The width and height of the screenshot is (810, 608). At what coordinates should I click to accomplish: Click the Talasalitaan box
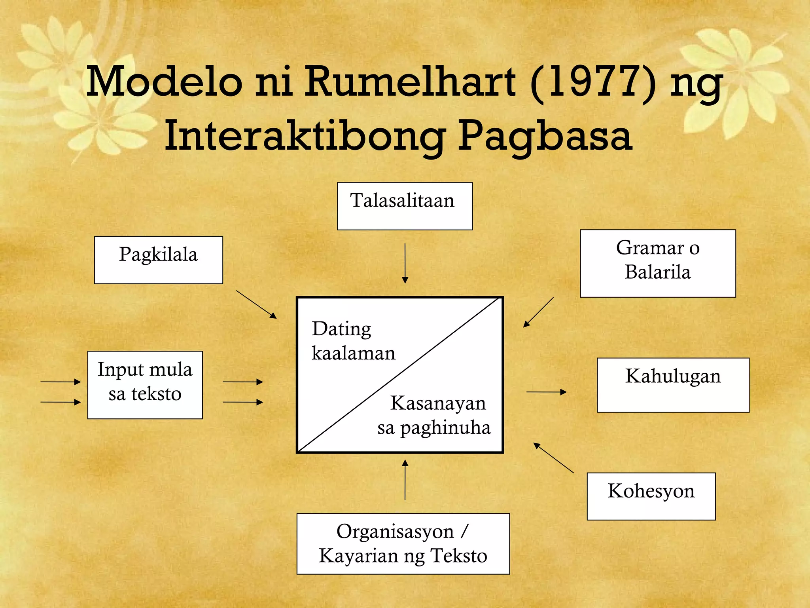point(405,206)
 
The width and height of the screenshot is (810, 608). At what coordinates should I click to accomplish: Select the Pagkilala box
point(158,260)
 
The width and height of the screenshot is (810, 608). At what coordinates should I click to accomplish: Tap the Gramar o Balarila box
point(658,263)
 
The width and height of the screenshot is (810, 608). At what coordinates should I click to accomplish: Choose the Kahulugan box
point(673,385)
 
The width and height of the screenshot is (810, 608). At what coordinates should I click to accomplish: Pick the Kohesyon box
point(651,496)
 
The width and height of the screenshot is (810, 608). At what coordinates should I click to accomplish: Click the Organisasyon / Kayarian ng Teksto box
point(403,543)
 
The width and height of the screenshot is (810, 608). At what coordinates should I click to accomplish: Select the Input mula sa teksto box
point(145,385)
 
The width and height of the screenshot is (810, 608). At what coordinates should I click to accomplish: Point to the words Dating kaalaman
point(353,340)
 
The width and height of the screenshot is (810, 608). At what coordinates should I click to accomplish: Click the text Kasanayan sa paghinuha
point(434,415)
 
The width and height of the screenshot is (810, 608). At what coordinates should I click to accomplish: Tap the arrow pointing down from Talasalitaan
point(405,263)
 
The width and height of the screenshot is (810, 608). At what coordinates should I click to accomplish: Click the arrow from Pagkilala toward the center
point(256,304)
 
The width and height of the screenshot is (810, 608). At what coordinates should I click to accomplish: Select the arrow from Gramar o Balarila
point(538,312)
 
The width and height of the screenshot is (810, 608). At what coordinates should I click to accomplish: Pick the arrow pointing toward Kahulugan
point(546,392)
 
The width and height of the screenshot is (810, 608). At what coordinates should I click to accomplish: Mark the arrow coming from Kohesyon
point(553,458)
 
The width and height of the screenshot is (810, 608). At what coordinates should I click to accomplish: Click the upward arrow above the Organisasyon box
point(405,479)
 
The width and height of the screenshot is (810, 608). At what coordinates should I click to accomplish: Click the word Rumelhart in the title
point(410,82)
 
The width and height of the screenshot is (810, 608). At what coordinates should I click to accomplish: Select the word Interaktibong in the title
point(304,137)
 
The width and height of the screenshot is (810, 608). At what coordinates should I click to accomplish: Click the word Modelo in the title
point(165,82)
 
